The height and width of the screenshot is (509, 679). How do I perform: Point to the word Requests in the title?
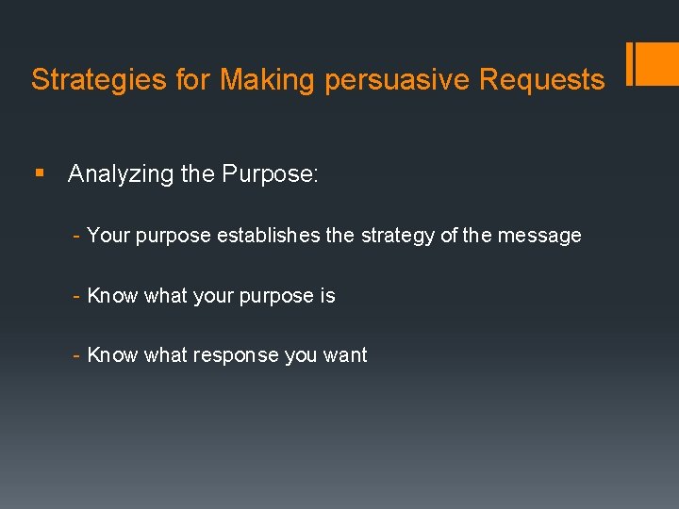click(542, 80)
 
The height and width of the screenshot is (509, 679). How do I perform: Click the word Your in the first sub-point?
click(108, 236)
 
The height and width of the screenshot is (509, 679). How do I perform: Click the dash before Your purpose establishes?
click(76, 236)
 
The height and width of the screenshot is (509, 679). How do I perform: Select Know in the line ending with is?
click(112, 296)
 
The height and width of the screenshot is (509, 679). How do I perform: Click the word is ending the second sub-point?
click(327, 296)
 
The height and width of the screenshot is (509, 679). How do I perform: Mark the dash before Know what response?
click(76, 355)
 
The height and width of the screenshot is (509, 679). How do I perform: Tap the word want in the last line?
click(345, 355)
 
